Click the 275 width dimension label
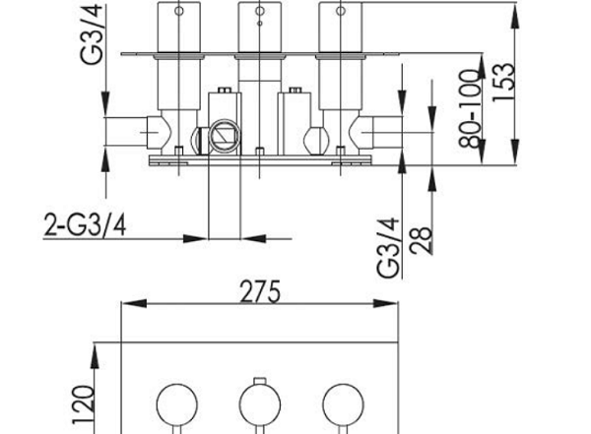click(x=260, y=291)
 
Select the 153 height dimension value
click(x=504, y=82)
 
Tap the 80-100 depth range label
click(x=471, y=108)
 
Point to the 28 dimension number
click(x=421, y=239)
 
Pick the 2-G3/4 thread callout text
click(x=85, y=224)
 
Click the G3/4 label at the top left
click(x=92, y=34)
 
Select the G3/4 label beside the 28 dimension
click(x=388, y=248)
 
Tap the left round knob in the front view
click(x=176, y=404)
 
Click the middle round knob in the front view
click(x=260, y=404)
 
